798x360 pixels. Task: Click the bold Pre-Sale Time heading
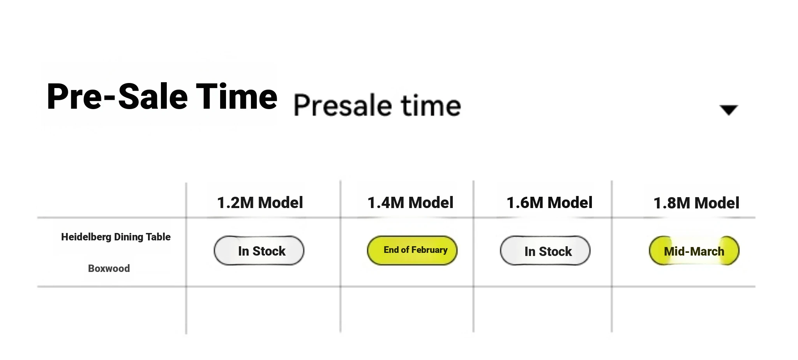click(162, 97)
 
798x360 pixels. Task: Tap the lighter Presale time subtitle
click(377, 105)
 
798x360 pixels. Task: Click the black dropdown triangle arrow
click(729, 110)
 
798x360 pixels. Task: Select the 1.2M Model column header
click(260, 203)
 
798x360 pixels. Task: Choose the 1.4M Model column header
click(410, 203)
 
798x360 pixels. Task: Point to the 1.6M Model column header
click(549, 203)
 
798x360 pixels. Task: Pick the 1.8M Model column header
click(696, 203)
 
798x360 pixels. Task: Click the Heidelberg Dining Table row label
click(116, 237)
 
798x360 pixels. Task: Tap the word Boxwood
click(109, 268)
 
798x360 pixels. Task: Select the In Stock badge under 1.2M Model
click(259, 251)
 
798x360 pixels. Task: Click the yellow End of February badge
click(412, 250)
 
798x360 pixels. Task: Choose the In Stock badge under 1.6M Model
click(545, 251)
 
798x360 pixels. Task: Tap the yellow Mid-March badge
click(694, 251)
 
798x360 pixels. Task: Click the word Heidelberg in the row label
click(86, 237)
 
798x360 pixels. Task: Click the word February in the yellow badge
click(429, 250)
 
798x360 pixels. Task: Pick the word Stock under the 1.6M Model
click(555, 251)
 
